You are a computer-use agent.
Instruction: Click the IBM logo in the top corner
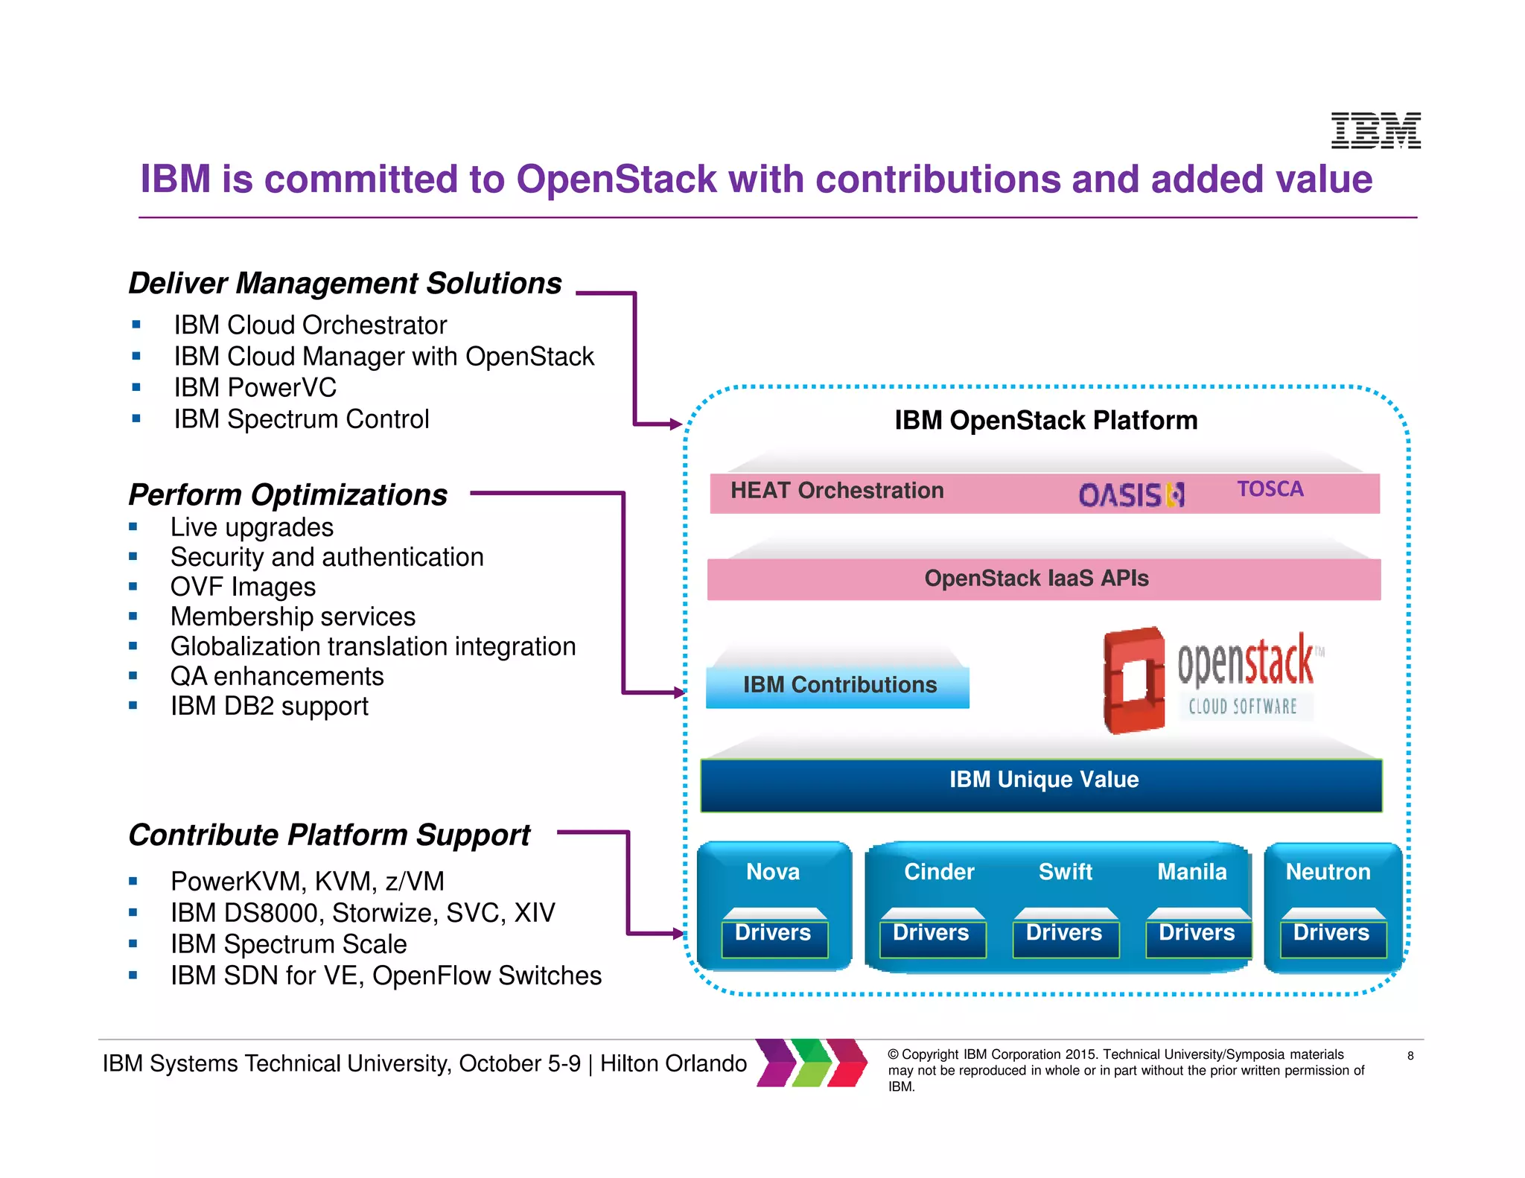point(1375,131)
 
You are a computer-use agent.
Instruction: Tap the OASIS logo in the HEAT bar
point(1131,495)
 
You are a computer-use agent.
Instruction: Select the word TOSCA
point(1270,489)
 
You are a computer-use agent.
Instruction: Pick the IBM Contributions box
point(838,685)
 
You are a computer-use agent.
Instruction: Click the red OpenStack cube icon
point(1133,680)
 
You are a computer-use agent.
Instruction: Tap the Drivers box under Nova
point(774,935)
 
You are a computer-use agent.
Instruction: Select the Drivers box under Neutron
point(1332,935)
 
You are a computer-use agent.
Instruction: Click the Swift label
point(1065,872)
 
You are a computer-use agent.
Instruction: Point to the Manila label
point(1191,872)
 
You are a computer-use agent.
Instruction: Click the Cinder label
point(938,872)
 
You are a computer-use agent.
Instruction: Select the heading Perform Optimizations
point(288,495)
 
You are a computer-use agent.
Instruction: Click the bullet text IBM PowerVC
point(255,388)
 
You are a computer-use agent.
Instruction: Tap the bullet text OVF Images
point(243,588)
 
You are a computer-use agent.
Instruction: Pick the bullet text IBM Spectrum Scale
point(289,944)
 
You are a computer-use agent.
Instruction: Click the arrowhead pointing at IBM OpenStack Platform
point(675,424)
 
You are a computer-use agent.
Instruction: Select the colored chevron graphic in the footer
point(812,1063)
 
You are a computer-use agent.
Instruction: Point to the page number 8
point(1410,1056)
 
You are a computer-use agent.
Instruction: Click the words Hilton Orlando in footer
point(673,1064)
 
